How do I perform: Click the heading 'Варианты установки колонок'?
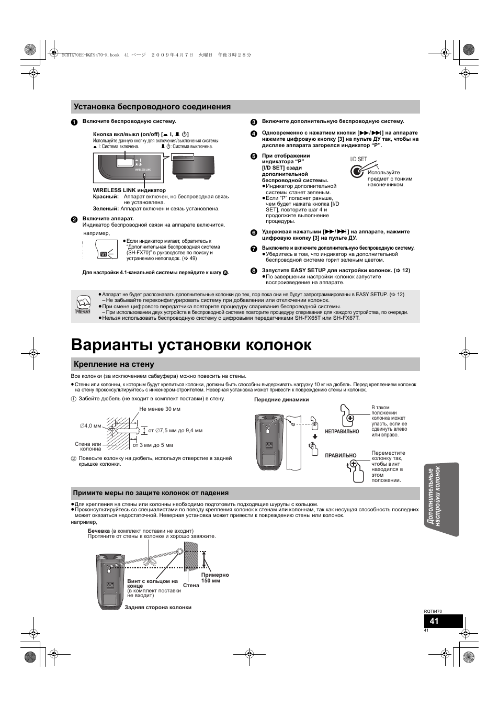click(x=191, y=345)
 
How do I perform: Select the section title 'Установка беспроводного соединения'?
click(x=152, y=107)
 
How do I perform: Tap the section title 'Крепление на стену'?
click(x=114, y=364)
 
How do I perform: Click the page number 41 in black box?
click(x=434, y=621)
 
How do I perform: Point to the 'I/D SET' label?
click(x=358, y=159)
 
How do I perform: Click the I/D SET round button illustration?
click(x=357, y=171)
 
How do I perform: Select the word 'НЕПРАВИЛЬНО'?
click(x=342, y=432)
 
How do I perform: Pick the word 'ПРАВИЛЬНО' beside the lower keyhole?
click(x=341, y=456)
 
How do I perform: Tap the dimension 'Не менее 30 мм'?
click(x=160, y=409)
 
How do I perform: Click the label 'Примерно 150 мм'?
click(x=214, y=578)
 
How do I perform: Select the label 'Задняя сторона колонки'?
click(x=158, y=608)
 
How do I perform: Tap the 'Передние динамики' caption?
click(x=281, y=400)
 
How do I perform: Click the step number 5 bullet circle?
click(x=254, y=156)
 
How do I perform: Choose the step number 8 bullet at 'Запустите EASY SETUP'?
click(x=254, y=271)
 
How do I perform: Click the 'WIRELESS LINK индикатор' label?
click(x=129, y=190)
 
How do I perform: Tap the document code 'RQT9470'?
click(x=433, y=611)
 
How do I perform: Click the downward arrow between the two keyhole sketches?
click(x=315, y=436)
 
